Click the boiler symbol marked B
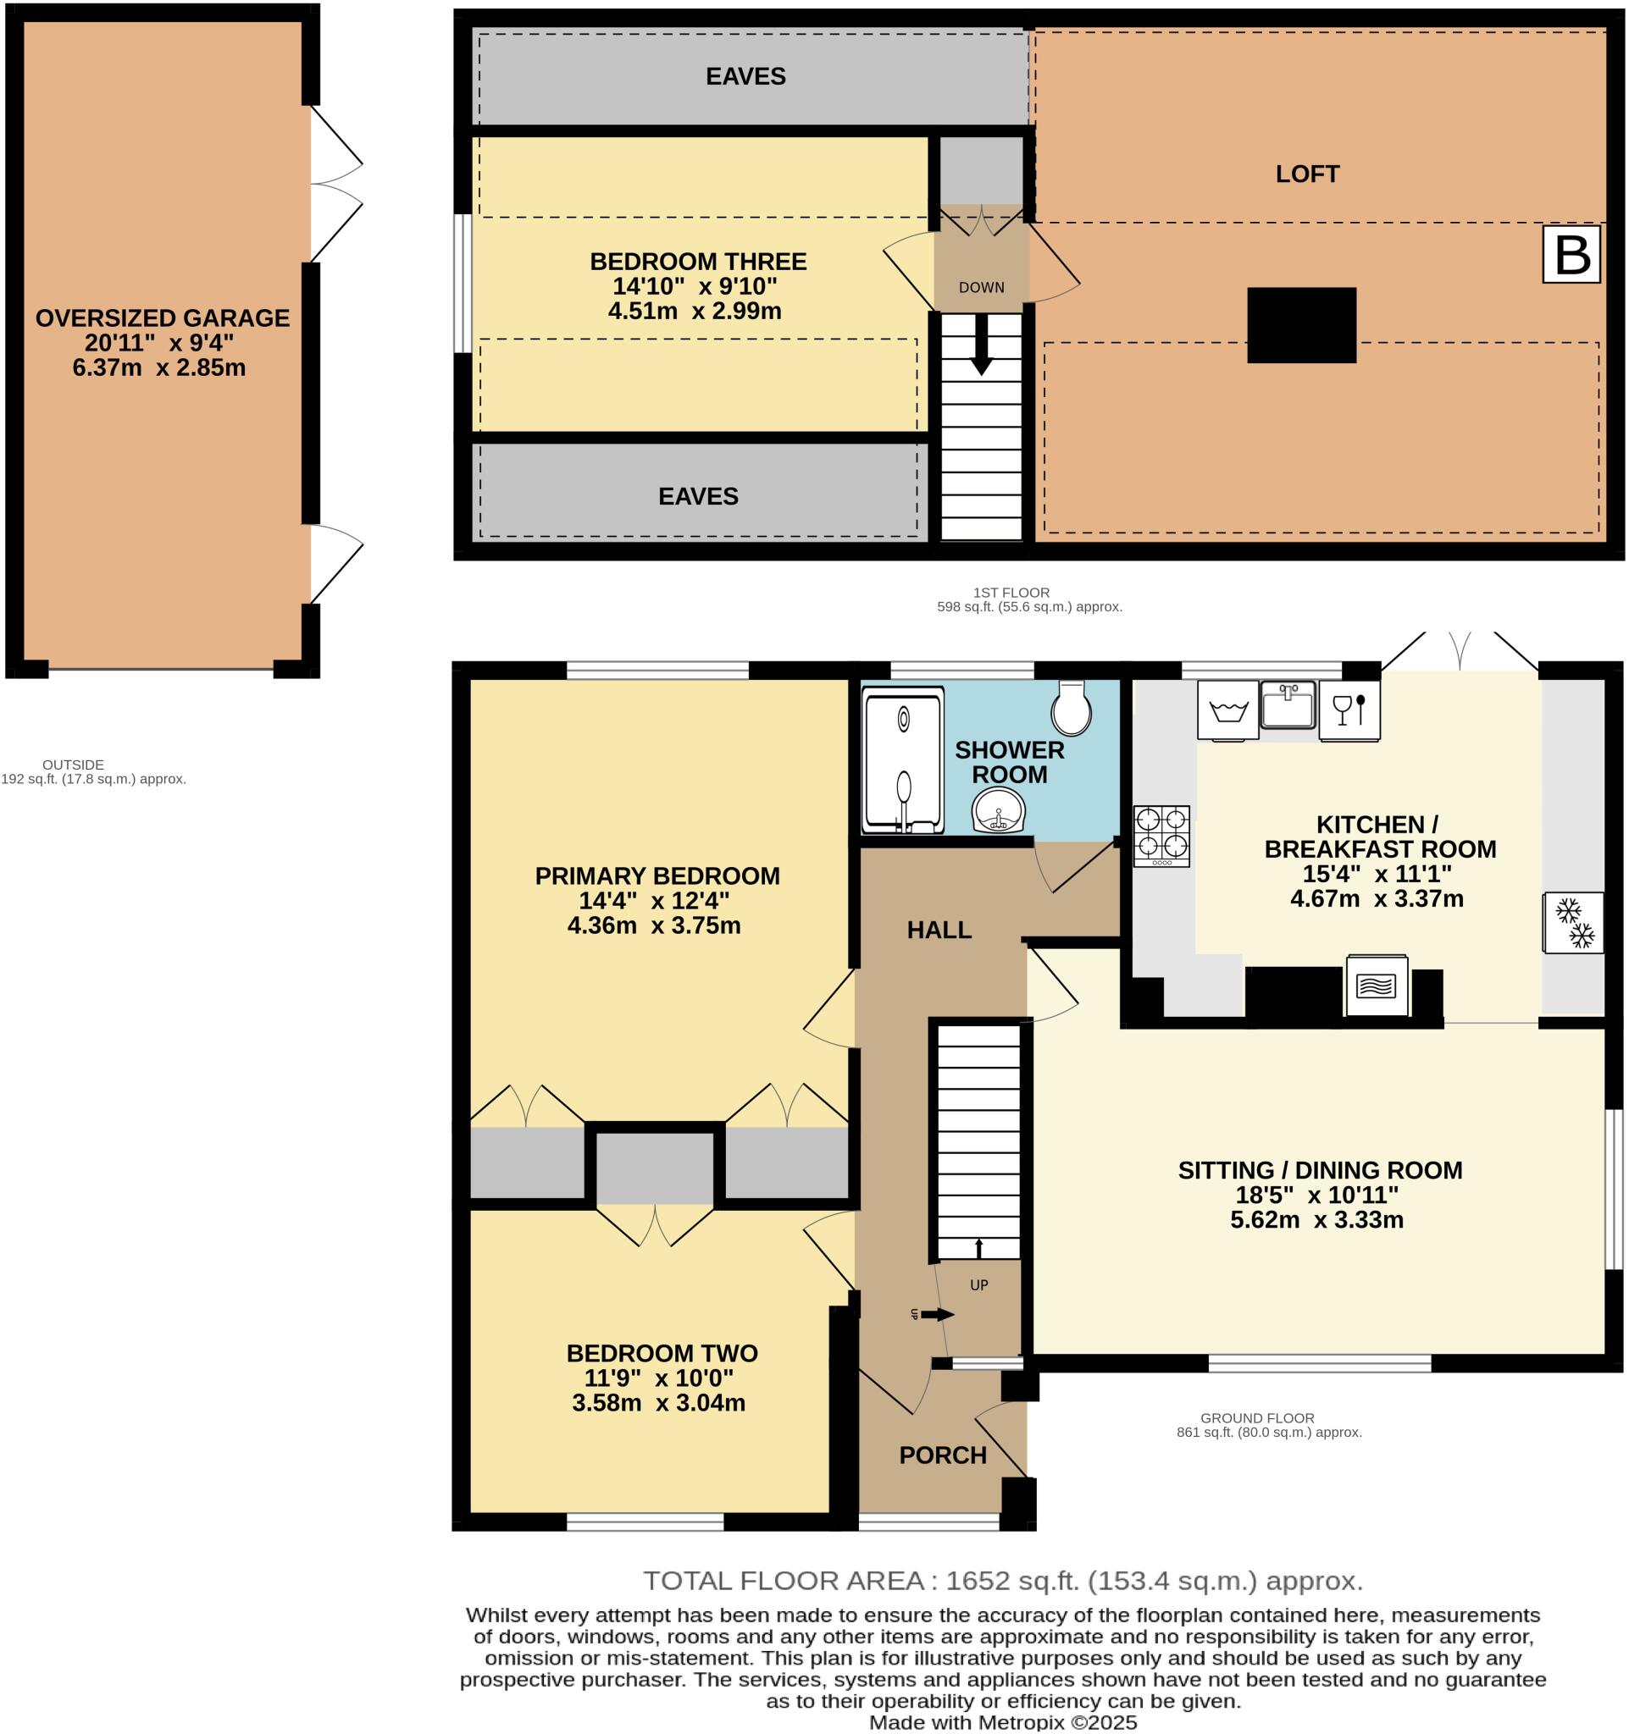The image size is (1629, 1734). point(1571,255)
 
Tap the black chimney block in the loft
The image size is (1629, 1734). point(1301,324)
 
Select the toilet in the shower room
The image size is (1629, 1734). point(1072,709)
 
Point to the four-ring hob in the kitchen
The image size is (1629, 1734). point(1161,836)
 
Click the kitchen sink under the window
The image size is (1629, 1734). point(1288,704)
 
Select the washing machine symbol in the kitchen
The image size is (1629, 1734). point(1227,710)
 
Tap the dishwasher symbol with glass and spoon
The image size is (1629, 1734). point(1349,710)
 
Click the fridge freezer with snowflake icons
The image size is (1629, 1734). point(1574,923)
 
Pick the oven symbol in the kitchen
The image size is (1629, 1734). point(1377,986)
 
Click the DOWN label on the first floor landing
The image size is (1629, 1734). point(982,288)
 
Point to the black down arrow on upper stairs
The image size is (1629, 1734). point(982,345)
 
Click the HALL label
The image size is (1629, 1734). point(939,930)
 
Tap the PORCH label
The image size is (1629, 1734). point(942,1455)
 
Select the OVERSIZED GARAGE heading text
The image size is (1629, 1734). point(163,318)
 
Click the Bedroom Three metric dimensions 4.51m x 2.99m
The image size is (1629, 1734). point(695,312)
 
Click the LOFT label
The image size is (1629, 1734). point(1306,174)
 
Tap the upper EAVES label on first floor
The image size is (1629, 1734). point(745,77)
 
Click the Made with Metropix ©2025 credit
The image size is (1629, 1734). point(1002,1722)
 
